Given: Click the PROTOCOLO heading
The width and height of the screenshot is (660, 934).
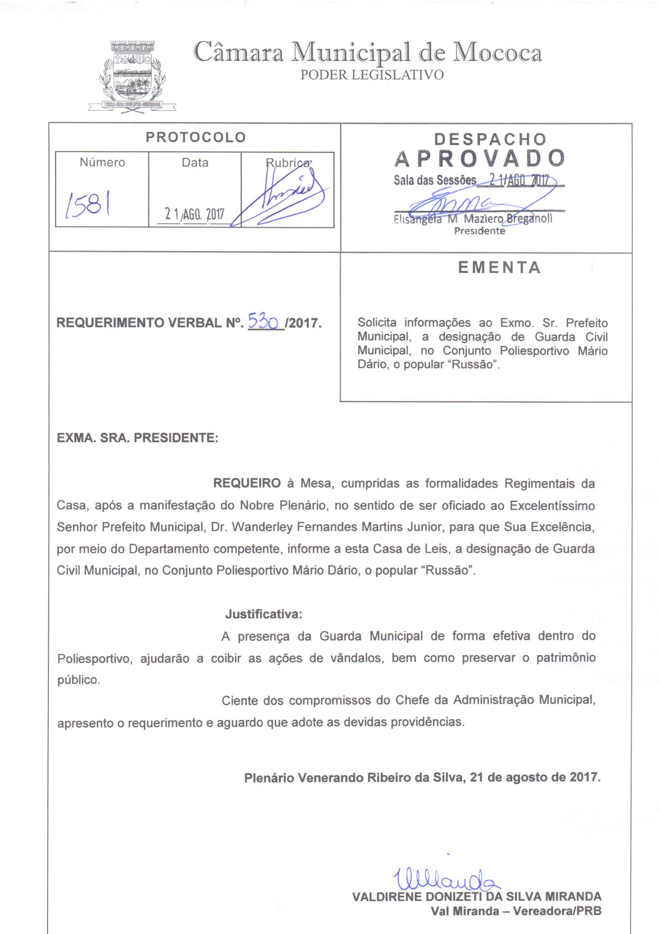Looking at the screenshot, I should coord(196,137).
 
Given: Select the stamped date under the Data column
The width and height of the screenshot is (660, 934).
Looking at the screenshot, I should coord(194,214).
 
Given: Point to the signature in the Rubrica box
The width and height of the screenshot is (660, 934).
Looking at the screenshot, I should coord(281,195).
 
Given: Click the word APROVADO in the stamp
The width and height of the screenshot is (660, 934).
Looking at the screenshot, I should coord(480,159).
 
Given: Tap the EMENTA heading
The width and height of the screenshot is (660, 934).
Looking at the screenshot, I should coord(499,268).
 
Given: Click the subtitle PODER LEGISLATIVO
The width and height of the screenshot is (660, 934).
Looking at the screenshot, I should coord(372,75).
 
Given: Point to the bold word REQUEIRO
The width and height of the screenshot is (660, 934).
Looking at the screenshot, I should coord(247,483).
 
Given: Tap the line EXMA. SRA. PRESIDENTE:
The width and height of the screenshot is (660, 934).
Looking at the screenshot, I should coord(137,438).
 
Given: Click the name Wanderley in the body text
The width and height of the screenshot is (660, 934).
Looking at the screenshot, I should coord(258,527).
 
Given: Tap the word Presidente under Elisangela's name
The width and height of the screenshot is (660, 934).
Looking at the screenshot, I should coord(480,231).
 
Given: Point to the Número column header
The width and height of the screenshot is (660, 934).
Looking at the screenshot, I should coord(102,162).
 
